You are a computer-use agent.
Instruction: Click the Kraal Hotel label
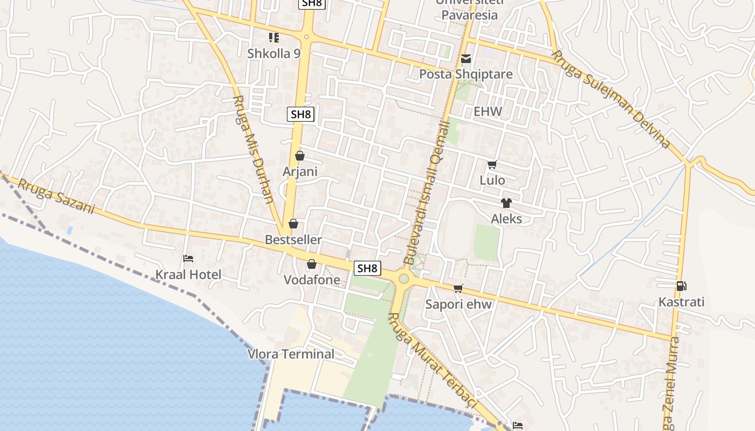188,275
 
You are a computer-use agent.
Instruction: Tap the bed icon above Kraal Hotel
188,259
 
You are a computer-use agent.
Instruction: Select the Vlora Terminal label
291,354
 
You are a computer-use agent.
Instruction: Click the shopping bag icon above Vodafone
311,264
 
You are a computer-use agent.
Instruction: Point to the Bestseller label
293,240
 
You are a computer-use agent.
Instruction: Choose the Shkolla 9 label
273,53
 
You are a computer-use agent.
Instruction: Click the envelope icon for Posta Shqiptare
466,58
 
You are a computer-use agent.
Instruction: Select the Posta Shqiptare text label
466,74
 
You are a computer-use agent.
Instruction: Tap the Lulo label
492,180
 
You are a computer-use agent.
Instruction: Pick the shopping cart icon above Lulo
492,164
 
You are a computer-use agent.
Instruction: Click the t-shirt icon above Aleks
506,203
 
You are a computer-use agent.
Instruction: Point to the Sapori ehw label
458,304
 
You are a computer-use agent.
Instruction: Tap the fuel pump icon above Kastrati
682,286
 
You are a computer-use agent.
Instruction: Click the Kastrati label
682,302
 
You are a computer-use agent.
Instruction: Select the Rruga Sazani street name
56,197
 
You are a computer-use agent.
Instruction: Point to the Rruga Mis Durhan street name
253,150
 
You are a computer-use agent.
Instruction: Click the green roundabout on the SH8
403,279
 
